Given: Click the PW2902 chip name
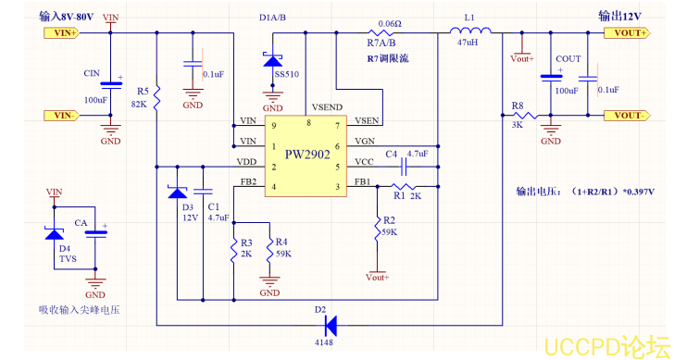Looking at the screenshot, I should (307, 155).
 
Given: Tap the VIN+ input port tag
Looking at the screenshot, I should (62, 32).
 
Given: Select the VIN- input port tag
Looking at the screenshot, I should (62, 115).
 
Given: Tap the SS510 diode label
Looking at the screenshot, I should (286, 73).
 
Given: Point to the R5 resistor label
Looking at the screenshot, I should (143, 92).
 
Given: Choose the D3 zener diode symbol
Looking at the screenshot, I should (177, 192).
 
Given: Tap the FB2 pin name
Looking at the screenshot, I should (247, 182).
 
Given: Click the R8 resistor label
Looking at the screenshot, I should (518, 105).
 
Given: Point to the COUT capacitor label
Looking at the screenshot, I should (568, 59).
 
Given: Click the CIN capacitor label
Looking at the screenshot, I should (92, 72).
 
